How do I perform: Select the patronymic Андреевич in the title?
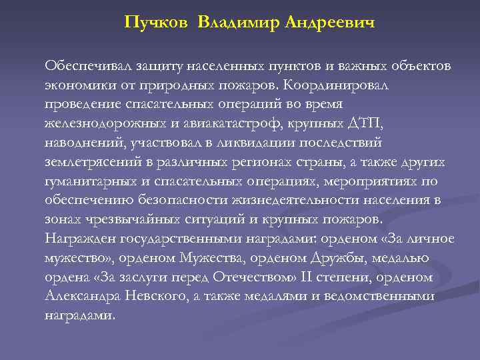coord(329,23)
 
